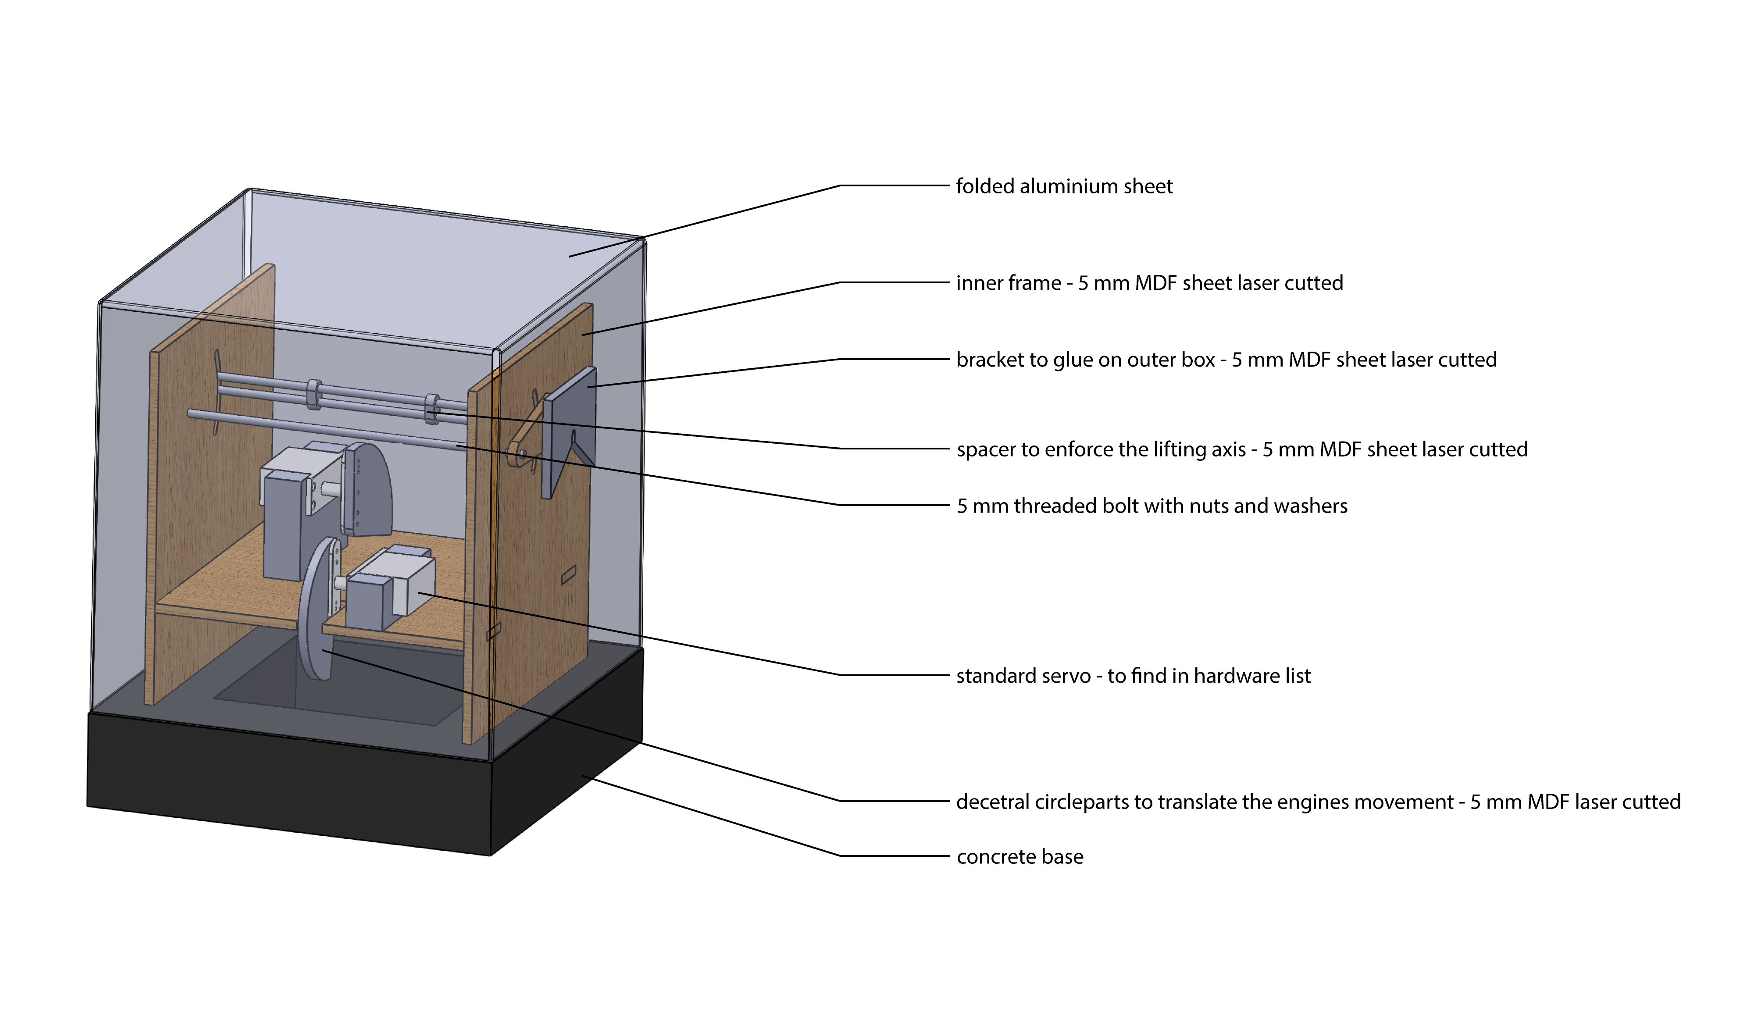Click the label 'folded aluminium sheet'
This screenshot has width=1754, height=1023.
(x=1063, y=186)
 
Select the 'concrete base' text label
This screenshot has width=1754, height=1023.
(x=1020, y=857)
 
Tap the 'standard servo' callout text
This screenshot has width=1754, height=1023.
(x=1023, y=676)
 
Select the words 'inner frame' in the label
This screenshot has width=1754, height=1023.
(x=1008, y=283)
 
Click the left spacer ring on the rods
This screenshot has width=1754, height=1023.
(x=314, y=393)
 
